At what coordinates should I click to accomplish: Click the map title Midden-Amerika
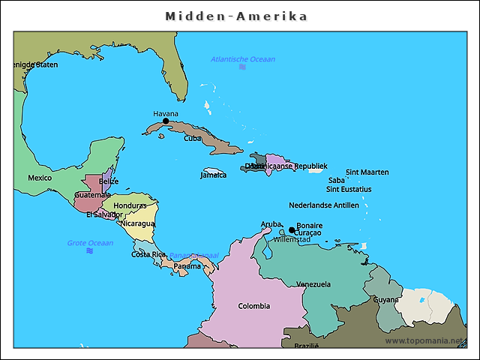pos(236,16)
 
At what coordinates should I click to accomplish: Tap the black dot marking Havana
pos(166,121)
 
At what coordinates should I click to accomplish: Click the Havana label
pos(166,113)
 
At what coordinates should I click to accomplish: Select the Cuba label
pos(193,138)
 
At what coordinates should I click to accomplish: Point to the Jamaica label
pos(213,175)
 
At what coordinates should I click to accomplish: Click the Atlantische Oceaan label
pos(242,59)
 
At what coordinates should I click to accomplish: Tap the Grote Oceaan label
pos(90,242)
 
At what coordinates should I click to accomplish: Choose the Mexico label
pos(40,178)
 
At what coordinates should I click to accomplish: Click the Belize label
pos(109,181)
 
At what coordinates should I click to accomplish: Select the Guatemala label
pos(92,195)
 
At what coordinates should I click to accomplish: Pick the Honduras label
pos(130,205)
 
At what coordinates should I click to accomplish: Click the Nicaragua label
pos(137,223)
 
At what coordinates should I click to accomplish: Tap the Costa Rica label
pos(148,254)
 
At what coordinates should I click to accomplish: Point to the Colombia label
pos(253,306)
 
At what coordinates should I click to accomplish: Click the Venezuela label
pos(313,284)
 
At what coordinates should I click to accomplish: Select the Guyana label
pos(386,299)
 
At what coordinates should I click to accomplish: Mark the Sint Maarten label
pos(367,172)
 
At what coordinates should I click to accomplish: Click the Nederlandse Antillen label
pos(323,205)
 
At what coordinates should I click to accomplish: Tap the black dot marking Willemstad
pos(292,230)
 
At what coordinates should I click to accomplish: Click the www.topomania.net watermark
pos(424,340)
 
